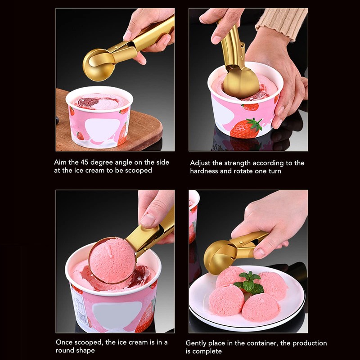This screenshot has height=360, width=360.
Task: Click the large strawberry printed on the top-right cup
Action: click(246, 128)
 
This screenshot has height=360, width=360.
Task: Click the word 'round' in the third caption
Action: click(65, 351)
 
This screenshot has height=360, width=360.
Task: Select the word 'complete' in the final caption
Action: click(208, 351)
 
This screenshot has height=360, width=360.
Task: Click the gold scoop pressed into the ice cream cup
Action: click(241, 81)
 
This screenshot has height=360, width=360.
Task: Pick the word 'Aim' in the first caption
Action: click(60, 162)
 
